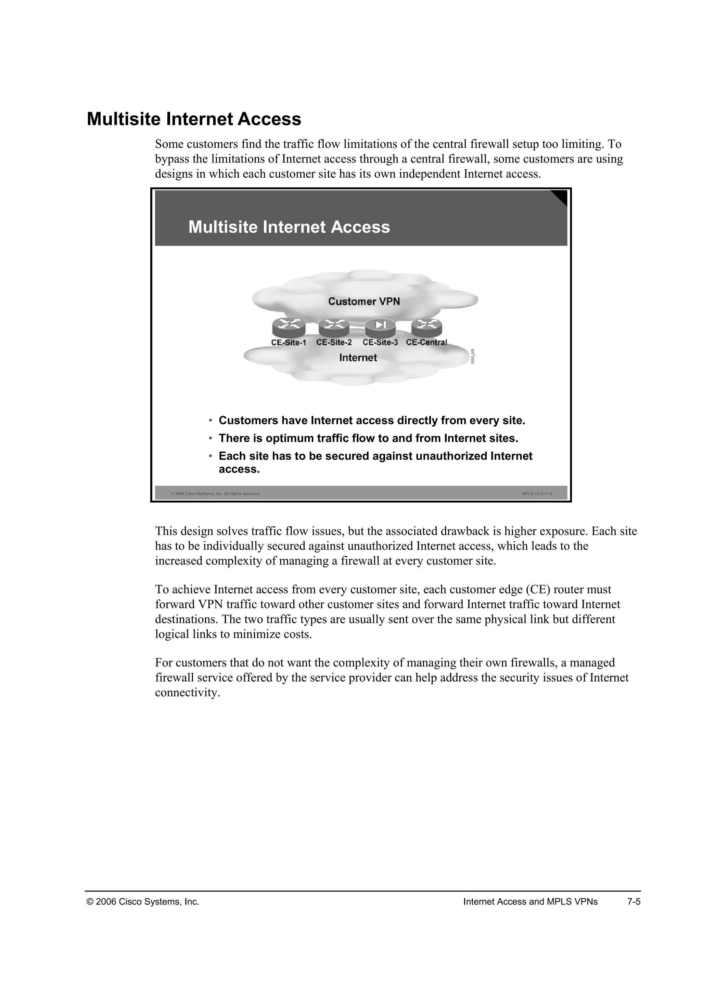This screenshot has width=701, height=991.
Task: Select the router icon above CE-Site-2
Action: [x=334, y=328]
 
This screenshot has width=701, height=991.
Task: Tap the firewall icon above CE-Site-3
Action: [x=380, y=328]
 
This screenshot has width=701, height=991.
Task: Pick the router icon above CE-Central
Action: [x=426, y=328]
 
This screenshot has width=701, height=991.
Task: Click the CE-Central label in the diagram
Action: [x=426, y=342]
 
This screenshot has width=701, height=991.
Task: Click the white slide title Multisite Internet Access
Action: [x=289, y=227]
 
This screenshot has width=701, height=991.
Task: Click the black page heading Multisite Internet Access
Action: [x=194, y=119]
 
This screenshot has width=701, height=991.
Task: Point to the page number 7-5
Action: [x=634, y=902]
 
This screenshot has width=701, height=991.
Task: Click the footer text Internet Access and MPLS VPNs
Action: [x=530, y=902]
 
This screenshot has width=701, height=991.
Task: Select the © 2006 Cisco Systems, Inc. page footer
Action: [x=143, y=902]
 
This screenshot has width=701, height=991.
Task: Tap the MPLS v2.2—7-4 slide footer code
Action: [x=537, y=494]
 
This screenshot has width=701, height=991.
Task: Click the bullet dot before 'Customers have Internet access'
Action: [x=210, y=421]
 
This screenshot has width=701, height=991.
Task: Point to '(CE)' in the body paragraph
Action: [x=537, y=590]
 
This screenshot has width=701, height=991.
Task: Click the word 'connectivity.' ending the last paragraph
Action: [x=187, y=693]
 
